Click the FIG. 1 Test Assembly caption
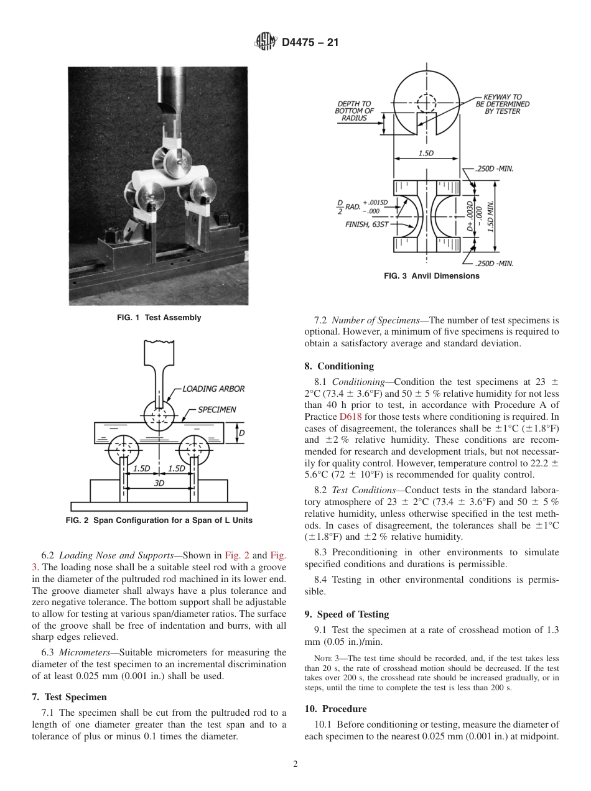pyautogui.click(x=159, y=318)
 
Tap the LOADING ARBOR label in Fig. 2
pyautogui.click(x=213, y=389)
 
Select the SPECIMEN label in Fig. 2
pyautogui.click(x=216, y=409)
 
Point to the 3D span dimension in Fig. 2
pyautogui.click(x=159, y=483)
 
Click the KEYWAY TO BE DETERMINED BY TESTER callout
pyautogui.click(x=503, y=104)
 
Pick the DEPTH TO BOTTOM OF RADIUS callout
pyautogui.click(x=354, y=111)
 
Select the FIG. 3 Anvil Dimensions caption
pyautogui.click(x=432, y=276)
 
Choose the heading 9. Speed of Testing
pyautogui.click(x=347, y=614)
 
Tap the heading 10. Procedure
pyautogui.click(x=335, y=709)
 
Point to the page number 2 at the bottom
pyautogui.click(x=295, y=764)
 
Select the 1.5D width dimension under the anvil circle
pyautogui.click(x=426, y=154)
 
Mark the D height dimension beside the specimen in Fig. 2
pyautogui.click(x=242, y=432)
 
